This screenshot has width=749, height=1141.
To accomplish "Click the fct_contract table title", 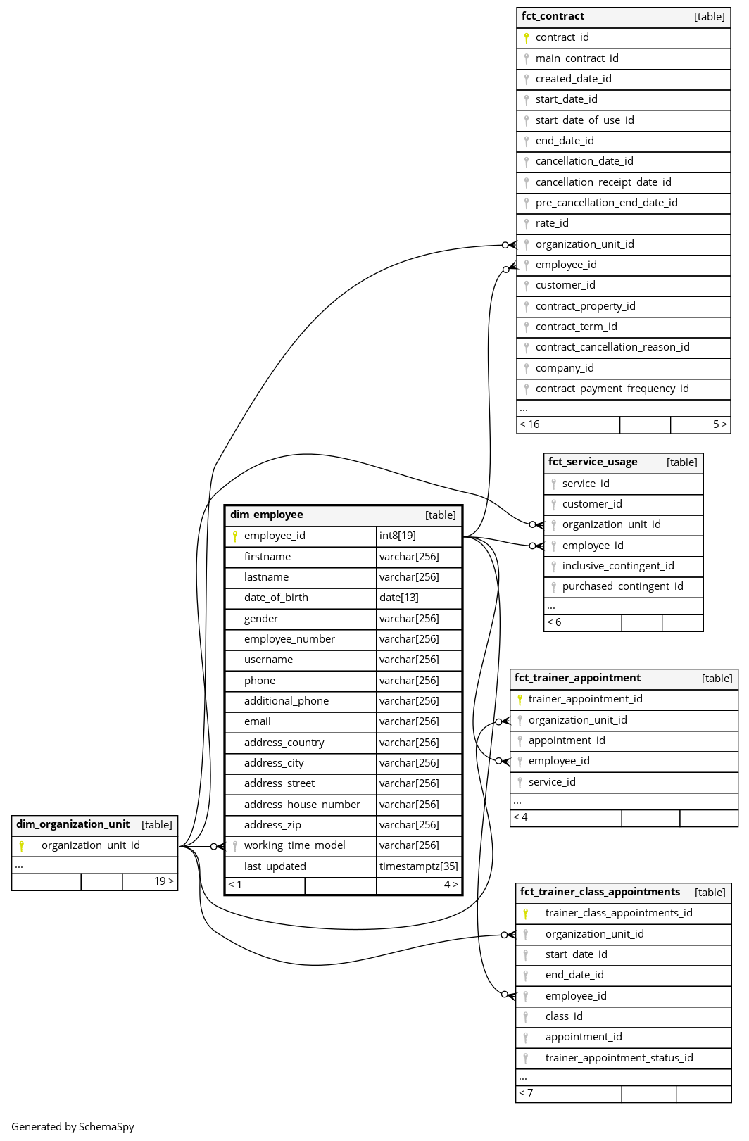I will tap(553, 16).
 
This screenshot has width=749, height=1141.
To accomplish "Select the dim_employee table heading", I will tap(266, 515).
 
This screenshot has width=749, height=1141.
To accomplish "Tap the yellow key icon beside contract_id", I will tap(526, 38).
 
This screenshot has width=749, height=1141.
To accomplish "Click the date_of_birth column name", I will tap(276, 598).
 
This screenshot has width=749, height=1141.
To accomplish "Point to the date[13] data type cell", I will tap(398, 598).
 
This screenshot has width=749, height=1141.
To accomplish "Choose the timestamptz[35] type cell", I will tap(418, 866).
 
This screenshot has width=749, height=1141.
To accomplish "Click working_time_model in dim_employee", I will tap(294, 845).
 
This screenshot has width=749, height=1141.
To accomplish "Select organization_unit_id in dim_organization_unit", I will tap(90, 845).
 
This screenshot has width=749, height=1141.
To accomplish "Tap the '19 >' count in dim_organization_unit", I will tap(164, 881).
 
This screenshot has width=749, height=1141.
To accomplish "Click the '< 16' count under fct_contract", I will tap(529, 424).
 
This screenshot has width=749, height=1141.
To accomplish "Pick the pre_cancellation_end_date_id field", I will tap(606, 203).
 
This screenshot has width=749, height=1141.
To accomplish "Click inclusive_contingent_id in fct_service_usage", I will tap(617, 566).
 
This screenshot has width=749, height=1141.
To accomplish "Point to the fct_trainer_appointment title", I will tap(577, 678).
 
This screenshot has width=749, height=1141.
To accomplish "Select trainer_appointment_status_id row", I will tap(619, 1058).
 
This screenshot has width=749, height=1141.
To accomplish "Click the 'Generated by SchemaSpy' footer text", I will tap(73, 1127).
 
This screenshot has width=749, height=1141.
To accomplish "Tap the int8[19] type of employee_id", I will tap(397, 536).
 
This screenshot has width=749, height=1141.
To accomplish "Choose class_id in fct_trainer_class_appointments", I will tap(563, 1016).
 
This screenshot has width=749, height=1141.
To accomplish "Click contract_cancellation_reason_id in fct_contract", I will tap(612, 347).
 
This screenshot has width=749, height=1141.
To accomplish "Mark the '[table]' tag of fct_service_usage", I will tap(681, 462).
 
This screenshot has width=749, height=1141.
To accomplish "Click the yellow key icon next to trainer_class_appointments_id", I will tap(525, 914).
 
